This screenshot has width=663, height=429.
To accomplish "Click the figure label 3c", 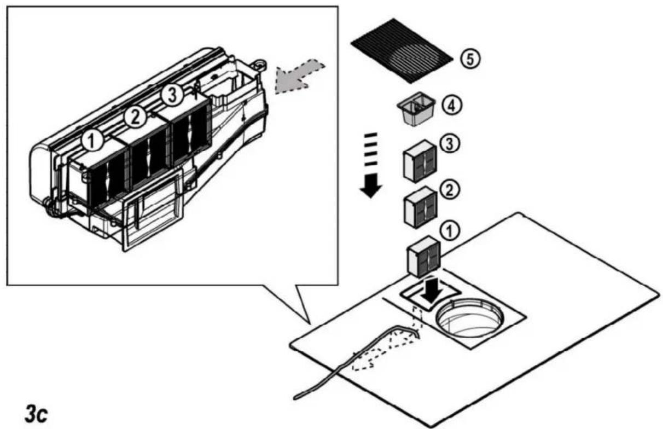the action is click(x=36, y=414).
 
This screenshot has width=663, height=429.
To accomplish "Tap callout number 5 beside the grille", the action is click(x=470, y=59).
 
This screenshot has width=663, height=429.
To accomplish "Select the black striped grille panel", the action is click(x=402, y=51).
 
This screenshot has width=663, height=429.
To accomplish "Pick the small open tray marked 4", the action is click(x=416, y=109).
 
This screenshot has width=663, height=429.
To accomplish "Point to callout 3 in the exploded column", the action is click(x=450, y=144).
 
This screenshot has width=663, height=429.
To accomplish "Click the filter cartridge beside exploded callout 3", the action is click(x=420, y=161).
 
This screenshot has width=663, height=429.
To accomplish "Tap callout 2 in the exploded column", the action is click(x=449, y=190).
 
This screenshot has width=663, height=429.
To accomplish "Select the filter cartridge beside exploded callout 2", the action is click(x=420, y=207).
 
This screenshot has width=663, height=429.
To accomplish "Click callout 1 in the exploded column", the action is click(x=450, y=231).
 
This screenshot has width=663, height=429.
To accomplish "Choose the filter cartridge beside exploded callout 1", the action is click(x=424, y=257).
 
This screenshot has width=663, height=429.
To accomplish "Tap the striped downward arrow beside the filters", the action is click(x=370, y=165).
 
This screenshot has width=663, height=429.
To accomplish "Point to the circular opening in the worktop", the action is click(x=469, y=318).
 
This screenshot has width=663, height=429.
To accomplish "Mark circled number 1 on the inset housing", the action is click(x=92, y=141).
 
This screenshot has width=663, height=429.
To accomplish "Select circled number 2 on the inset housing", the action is click(x=135, y=118).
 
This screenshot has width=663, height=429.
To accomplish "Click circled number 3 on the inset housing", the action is click(x=172, y=95).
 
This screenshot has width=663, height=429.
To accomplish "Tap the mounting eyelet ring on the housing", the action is click(x=260, y=63).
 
